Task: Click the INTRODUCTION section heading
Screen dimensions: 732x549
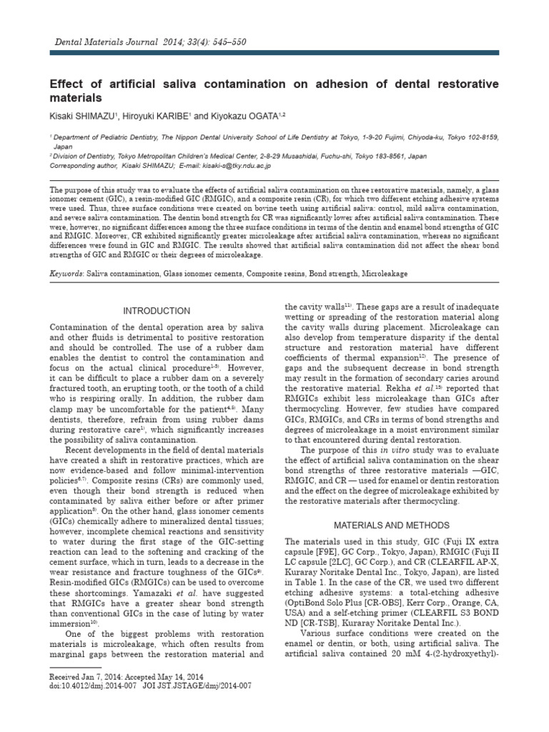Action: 157,311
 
